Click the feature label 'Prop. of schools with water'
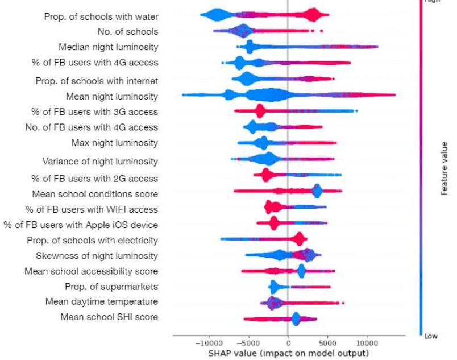point(101,17)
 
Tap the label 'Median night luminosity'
point(109,47)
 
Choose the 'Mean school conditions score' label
point(95,194)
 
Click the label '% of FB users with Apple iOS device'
point(81,225)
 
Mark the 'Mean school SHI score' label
point(109,317)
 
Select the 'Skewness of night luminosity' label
point(97,255)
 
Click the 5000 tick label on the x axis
point(327,344)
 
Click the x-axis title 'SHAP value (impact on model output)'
point(288,353)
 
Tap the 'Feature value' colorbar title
point(445,168)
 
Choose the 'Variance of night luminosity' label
point(100,161)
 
